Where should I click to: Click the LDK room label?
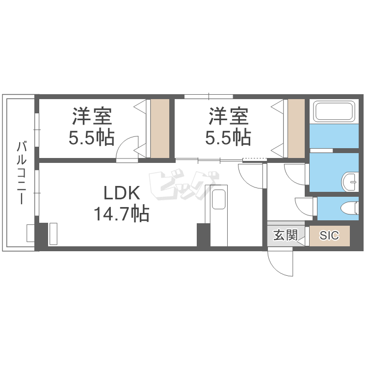click(122, 193)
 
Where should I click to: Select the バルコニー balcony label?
click(22, 173)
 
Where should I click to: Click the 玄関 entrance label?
click(286, 235)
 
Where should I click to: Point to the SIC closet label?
click(329, 236)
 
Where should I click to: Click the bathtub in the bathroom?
click(334, 111)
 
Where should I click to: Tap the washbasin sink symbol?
click(350, 182)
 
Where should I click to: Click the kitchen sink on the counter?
click(218, 199)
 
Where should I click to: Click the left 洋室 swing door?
click(127, 149)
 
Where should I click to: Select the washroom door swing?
click(295, 174)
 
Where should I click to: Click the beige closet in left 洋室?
click(160, 129)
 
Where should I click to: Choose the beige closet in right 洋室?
click(296, 129)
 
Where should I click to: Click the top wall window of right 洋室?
click(209, 97)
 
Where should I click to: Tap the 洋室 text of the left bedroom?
click(92, 116)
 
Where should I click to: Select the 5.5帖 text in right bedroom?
click(228, 137)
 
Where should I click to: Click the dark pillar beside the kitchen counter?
click(203, 235)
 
